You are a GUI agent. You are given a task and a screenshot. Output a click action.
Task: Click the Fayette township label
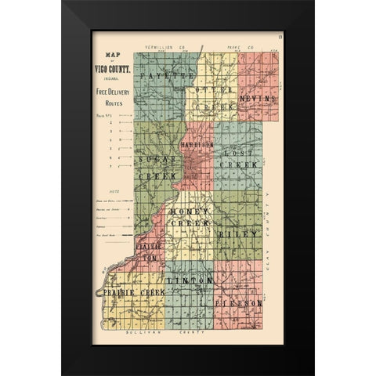165,78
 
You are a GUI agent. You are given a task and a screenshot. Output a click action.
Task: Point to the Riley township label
239,233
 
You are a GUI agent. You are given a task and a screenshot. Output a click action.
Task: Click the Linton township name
190,280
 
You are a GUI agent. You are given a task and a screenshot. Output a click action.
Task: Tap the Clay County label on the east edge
267,235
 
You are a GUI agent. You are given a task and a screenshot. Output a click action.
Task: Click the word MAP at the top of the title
110,55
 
